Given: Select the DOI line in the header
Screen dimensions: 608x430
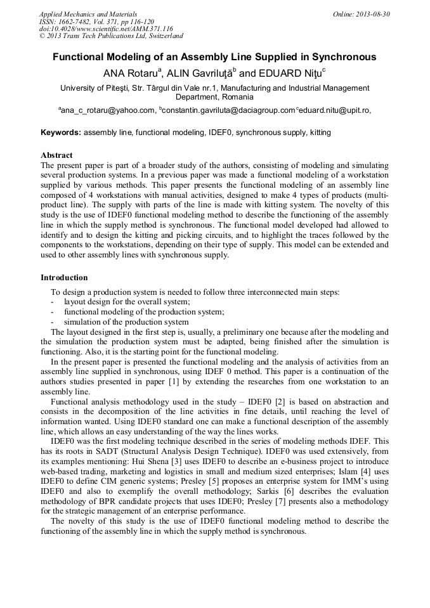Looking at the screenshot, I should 106,29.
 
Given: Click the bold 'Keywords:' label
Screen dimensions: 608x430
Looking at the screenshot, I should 61,133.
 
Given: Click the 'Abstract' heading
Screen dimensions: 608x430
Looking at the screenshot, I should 56,155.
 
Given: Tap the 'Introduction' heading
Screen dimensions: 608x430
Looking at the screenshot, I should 64,278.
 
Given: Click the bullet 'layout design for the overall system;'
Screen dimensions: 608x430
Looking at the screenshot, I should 127,302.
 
